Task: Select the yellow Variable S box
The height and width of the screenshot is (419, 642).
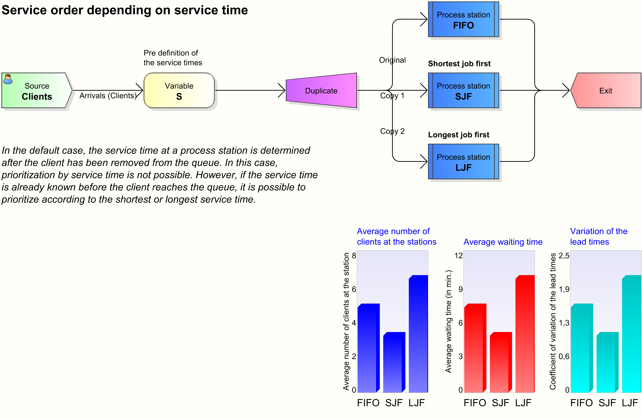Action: pyautogui.click(x=179, y=91)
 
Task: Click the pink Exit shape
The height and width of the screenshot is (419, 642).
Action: pyautogui.click(x=606, y=91)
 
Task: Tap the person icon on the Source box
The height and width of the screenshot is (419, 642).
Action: pyautogui.click(x=8, y=79)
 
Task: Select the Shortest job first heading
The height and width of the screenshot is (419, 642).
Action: pyautogui.click(x=459, y=64)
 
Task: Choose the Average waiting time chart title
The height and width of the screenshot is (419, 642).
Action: pyautogui.click(x=503, y=242)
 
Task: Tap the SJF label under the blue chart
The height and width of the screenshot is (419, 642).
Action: pyautogui.click(x=394, y=403)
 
